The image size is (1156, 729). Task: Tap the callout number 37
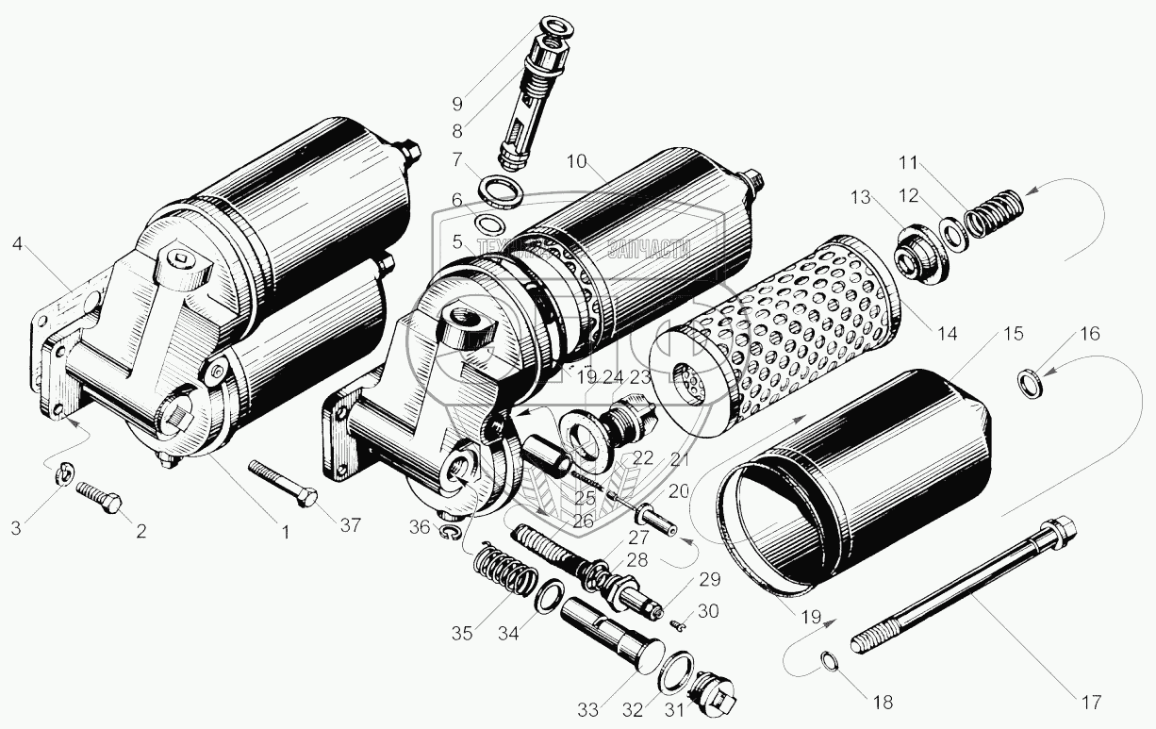pos(350,525)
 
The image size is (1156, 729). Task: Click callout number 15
pos(1012,334)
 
